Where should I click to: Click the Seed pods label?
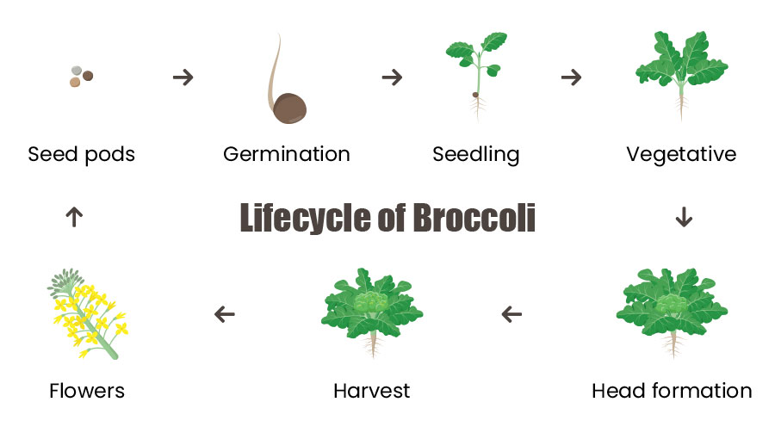[82, 154]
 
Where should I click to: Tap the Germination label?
[287, 154]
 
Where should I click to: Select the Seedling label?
[476, 155]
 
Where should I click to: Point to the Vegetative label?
[682, 155]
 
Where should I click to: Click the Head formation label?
[672, 391]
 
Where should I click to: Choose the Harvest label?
[372, 391]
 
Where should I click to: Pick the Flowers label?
[87, 391]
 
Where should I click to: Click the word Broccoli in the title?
[474, 218]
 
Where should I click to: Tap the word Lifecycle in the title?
[305, 218]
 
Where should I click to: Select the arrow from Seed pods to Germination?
[183, 77]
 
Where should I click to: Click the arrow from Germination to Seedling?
[392, 77]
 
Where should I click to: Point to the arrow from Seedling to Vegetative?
[572, 77]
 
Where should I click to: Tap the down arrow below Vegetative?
[684, 217]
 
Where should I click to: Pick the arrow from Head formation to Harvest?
[512, 314]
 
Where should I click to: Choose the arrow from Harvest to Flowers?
[225, 314]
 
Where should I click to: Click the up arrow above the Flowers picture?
[74, 217]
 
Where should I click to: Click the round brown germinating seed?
[290, 108]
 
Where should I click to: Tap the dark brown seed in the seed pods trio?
[88, 76]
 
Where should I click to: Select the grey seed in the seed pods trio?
[76, 71]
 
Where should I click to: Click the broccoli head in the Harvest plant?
[372, 301]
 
